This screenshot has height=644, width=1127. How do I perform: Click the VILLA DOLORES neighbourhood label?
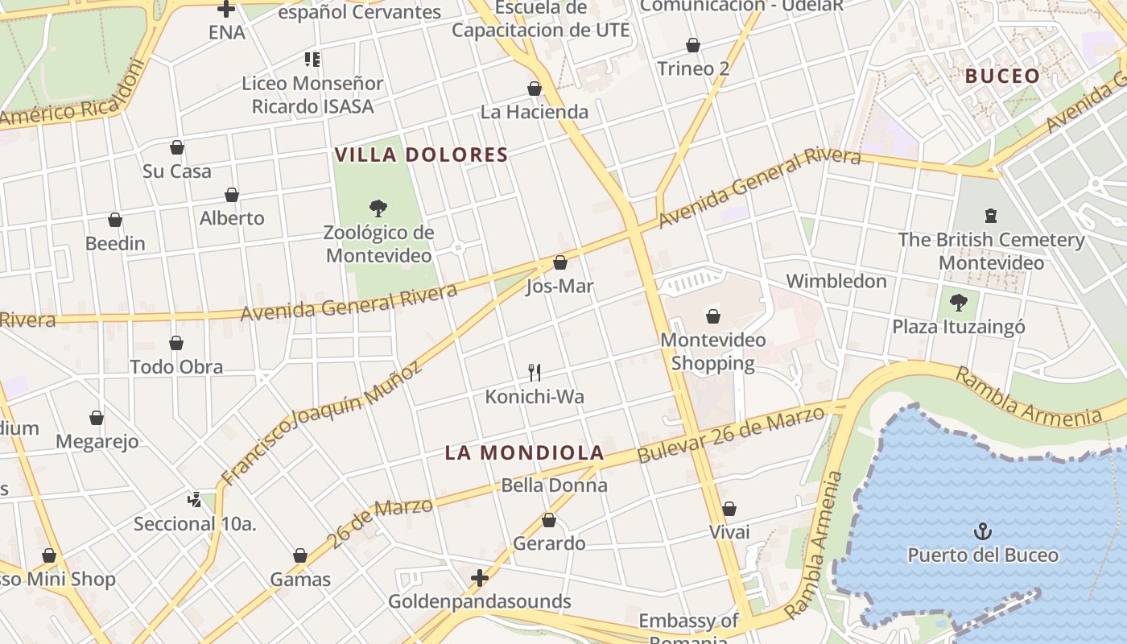(x=421, y=155)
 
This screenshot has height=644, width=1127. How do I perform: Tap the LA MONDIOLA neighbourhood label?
(x=524, y=452)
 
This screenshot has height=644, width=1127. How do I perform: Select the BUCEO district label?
(x=1002, y=76)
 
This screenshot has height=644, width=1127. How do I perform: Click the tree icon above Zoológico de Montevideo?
(x=378, y=208)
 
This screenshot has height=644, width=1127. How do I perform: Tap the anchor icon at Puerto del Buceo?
(x=982, y=530)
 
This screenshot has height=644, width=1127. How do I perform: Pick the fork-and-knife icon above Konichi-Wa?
(x=534, y=372)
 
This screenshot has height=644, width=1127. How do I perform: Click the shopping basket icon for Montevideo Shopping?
(x=712, y=316)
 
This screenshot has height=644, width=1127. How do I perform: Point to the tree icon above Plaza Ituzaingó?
(x=958, y=303)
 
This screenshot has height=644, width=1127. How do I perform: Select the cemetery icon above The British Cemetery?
(x=990, y=216)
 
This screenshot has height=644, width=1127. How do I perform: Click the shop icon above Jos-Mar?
(x=560, y=262)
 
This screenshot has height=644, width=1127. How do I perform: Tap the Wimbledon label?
(x=836, y=281)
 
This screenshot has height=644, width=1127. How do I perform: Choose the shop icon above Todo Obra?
(x=176, y=343)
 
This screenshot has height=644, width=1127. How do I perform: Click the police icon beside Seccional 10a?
(x=194, y=500)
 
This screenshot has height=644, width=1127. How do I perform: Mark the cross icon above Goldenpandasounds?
(x=480, y=577)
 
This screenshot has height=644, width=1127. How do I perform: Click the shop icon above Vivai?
(x=729, y=509)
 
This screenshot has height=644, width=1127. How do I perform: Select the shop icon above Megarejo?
(x=97, y=418)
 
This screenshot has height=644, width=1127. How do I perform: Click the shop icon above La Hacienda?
(x=535, y=89)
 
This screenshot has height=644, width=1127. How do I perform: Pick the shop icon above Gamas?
(x=300, y=555)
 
